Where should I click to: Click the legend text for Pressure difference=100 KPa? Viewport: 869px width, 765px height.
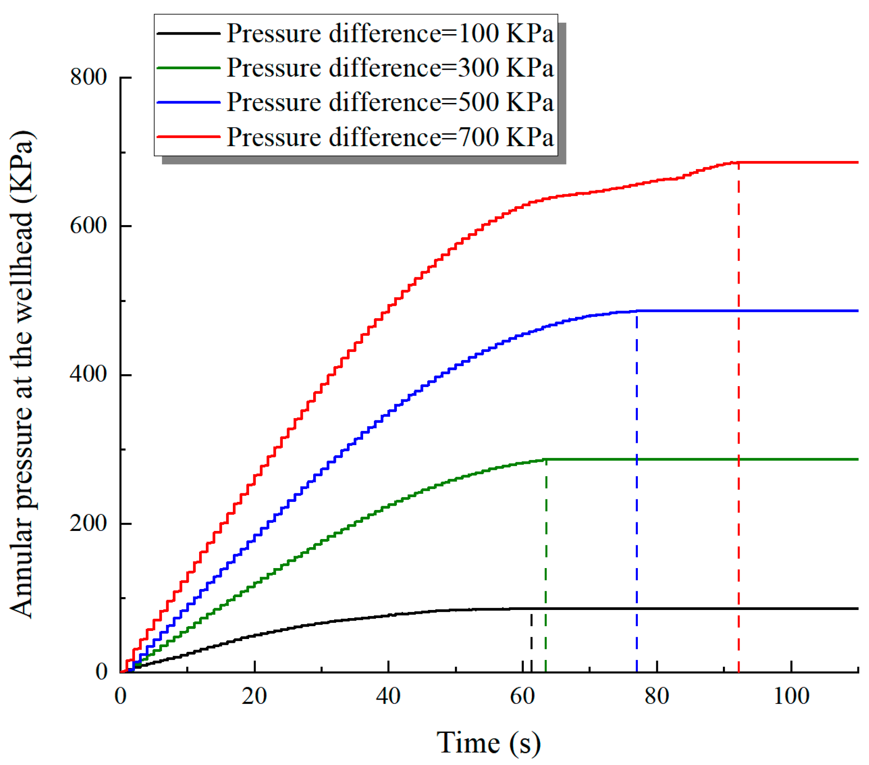(390, 33)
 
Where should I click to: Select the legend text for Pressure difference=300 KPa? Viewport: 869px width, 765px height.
(390, 67)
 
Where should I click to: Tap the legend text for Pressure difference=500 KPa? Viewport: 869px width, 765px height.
(390, 102)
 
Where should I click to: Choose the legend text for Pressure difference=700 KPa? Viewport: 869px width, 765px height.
(390, 137)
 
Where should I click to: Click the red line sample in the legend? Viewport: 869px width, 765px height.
(188, 137)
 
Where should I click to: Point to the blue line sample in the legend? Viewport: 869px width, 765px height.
(188, 102)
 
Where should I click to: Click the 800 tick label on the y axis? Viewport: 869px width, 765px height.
(88, 77)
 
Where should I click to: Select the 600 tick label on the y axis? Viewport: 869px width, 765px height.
(88, 226)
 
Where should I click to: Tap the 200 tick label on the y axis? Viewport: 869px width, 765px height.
(88, 523)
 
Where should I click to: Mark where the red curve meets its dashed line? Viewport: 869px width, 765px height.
(739, 162)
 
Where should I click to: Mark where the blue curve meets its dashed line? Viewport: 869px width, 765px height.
(637, 311)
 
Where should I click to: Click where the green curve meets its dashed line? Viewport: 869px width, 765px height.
(546, 459)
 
